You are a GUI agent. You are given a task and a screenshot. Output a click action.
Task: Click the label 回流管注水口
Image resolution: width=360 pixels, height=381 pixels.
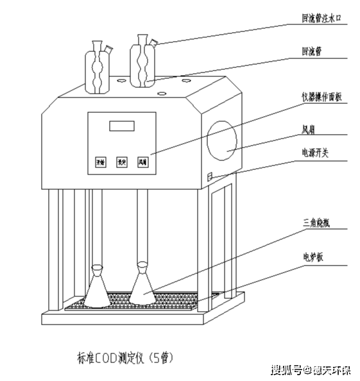pos(323,19)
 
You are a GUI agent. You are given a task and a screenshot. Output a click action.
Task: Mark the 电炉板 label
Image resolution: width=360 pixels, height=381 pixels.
pos(313,256)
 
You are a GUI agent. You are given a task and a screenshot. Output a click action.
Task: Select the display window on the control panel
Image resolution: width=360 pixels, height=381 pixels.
pos(121,125)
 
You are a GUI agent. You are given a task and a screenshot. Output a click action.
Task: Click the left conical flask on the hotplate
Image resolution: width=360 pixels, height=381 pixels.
pos(97,289)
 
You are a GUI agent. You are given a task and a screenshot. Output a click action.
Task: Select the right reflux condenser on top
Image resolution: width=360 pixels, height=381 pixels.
pos(142,63)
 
